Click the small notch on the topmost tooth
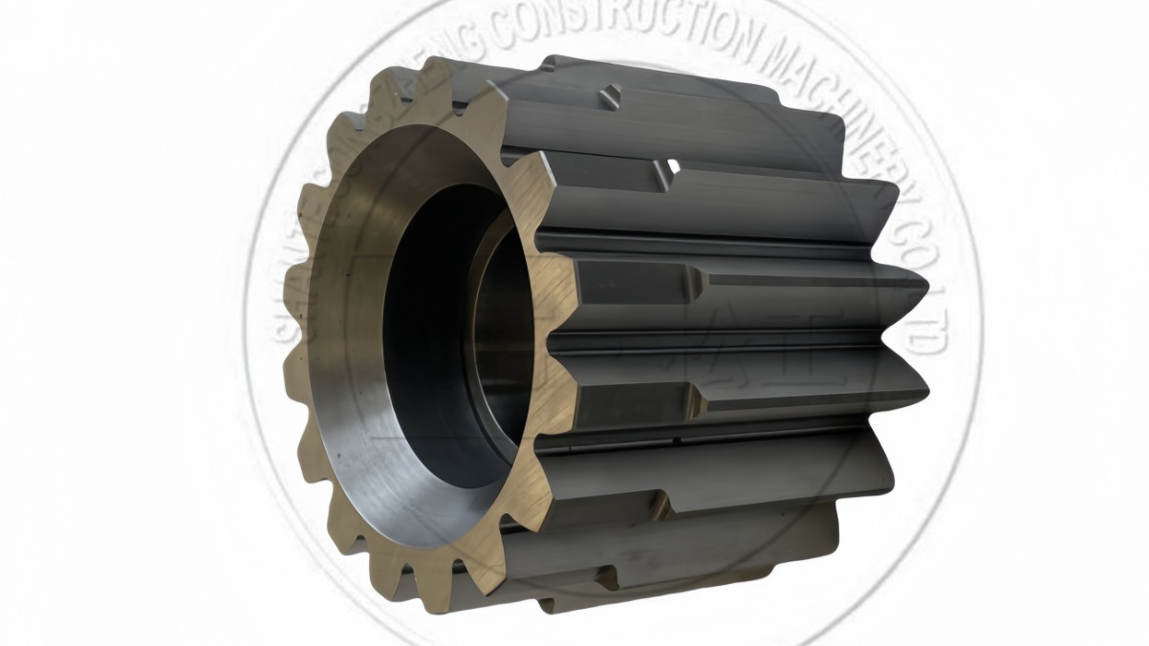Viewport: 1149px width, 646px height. (x=612, y=95)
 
